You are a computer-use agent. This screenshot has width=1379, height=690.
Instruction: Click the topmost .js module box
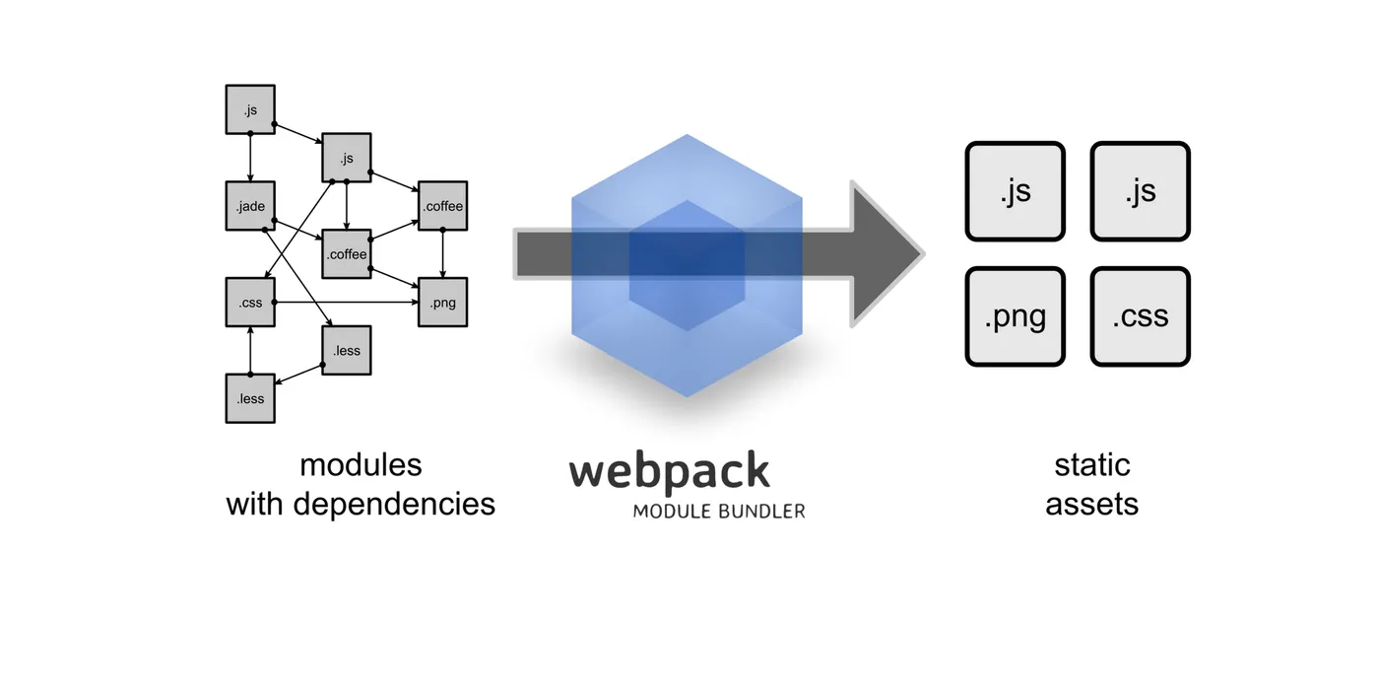pyautogui.click(x=250, y=109)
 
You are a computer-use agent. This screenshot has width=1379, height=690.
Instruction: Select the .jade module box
pyautogui.click(x=250, y=206)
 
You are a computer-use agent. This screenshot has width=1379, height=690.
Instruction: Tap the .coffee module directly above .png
pyautogui.click(x=442, y=206)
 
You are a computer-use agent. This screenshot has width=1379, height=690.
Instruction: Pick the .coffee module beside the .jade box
pyautogui.click(x=347, y=254)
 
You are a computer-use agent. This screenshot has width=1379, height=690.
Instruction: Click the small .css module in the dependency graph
pyautogui.click(x=250, y=302)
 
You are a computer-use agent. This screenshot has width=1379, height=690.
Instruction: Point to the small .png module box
pyautogui.click(x=442, y=302)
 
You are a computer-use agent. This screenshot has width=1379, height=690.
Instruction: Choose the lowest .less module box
pyautogui.click(x=250, y=398)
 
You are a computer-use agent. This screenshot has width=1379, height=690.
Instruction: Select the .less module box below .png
pyautogui.click(x=347, y=350)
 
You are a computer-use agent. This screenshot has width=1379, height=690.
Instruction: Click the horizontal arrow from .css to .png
pyautogui.click(x=345, y=302)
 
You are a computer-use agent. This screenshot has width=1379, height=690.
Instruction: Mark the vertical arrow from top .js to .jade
pyautogui.click(x=250, y=158)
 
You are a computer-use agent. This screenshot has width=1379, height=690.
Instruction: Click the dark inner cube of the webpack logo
pyautogui.click(x=687, y=264)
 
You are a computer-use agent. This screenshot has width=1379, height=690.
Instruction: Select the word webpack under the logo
pyautogui.click(x=669, y=471)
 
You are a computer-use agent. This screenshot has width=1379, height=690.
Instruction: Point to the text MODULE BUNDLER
pyautogui.click(x=718, y=512)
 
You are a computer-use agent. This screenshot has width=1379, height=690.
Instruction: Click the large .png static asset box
pyautogui.click(x=1015, y=316)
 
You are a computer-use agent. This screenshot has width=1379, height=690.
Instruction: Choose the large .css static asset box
pyautogui.click(x=1141, y=316)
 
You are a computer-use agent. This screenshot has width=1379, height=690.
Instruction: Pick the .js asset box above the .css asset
pyautogui.click(x=1141, y=191)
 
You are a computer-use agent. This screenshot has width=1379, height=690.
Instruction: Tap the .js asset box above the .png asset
pyautogui.click(x=1015, y=191)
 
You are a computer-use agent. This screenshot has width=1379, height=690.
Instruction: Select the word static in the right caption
pyautogui.click(x=1091, y=464)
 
